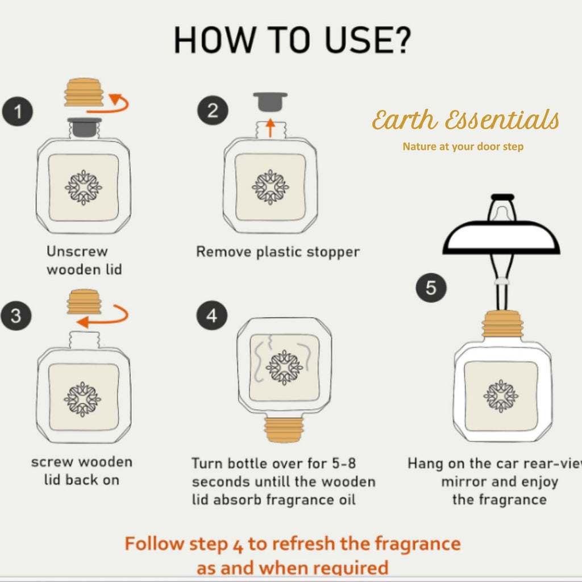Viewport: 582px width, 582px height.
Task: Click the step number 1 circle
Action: coord(18,112)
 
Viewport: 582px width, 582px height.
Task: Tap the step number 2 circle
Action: coord(213,111)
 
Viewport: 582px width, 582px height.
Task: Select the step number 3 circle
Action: coord(16,316)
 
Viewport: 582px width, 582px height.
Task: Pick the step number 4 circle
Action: coord(211,315)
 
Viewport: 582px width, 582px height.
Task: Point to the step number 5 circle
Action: coord(431,288)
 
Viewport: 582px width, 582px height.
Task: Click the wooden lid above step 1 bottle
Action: coord(84,93)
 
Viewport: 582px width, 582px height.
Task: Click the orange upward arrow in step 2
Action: coord(271,128)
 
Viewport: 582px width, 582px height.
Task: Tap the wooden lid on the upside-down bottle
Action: coord(284,430)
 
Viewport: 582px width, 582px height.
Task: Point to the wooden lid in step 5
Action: coord(502,324)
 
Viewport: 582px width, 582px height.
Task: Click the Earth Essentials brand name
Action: coord(465,120)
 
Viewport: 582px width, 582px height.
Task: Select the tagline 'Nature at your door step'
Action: coord(463,147)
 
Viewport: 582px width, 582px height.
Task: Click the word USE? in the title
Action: coord(368,40)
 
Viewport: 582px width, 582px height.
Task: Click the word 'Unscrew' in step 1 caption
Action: coord(77,251)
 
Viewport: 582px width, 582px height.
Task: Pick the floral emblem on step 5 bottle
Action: coord(501,396)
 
